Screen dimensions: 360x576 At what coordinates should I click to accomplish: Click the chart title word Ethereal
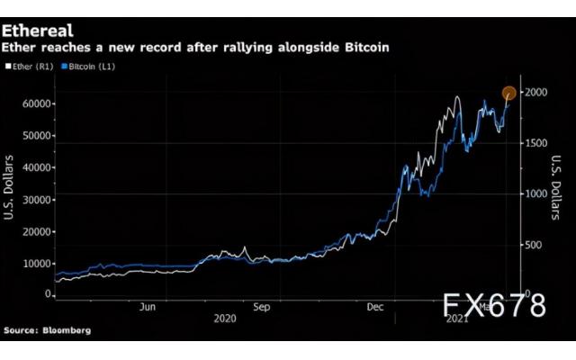(x=37, y=31)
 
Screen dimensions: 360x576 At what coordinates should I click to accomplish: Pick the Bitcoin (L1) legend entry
(x=93, y=66)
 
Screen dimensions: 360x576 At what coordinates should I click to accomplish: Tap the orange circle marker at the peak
(x=508, y=93)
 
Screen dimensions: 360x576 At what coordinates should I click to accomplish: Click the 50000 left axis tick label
(x=35, y=136)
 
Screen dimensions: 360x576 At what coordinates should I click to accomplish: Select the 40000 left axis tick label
(x=35, y=167)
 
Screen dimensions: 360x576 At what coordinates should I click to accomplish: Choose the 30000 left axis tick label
(x=35, y=200)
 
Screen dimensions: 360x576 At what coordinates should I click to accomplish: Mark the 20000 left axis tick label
(x=35, y=231)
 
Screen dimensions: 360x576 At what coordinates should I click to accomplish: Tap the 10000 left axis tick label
(x=35, y=264)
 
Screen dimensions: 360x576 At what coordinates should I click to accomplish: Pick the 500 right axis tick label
(x=538, y=244)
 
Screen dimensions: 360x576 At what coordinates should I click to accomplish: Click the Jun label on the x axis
(x=148, y=306)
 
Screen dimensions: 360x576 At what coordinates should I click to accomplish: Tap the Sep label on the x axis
(x=261, y=306)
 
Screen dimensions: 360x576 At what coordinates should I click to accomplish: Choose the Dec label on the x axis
(x=375, y=306)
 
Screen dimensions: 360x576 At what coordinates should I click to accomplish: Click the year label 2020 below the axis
(x=226, y=319)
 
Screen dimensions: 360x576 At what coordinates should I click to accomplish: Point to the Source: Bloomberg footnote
(x=46, y=331)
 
